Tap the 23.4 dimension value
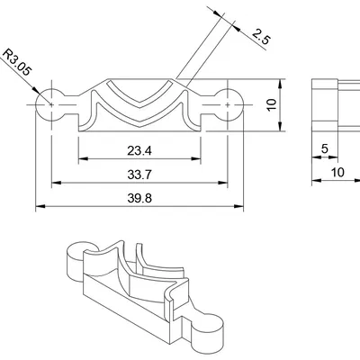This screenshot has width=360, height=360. point(139,150)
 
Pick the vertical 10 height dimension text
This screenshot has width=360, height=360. point(272,104)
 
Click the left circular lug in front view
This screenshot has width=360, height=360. point(51,104)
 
